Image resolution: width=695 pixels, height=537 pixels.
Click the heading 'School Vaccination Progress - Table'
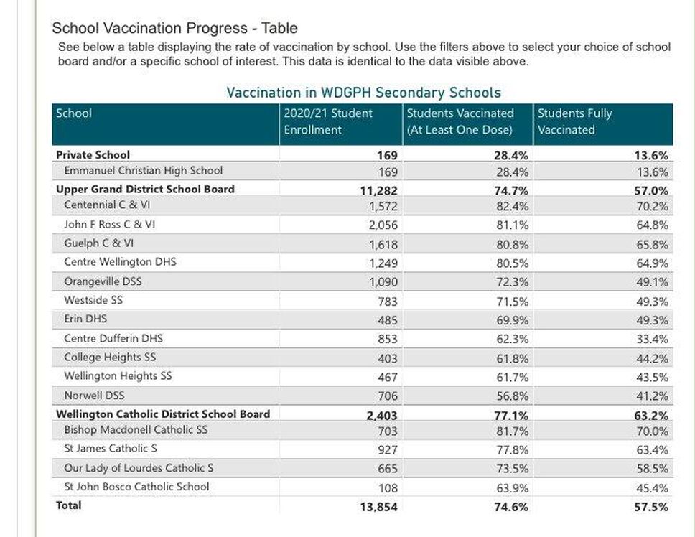[x=174, y=29]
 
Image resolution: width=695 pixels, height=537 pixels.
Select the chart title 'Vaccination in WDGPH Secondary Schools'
[x=363, y=93]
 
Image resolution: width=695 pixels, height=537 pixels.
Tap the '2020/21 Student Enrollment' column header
[x=328, y=121]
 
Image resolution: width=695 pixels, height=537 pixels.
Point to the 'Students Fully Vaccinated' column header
[x=574, y=121]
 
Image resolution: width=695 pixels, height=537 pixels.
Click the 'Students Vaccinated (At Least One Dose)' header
[x=460, y=121]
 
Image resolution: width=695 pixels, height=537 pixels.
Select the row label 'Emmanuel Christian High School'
[x=143, y=171]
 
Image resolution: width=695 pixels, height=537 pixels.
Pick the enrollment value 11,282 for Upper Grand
[x=378, y=190]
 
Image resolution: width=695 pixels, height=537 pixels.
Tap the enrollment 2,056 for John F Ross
[x=383, y=225]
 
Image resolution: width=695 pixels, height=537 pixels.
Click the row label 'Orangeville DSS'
[x=103, y=281]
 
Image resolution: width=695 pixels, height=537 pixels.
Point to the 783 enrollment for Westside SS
[x=387, y=302]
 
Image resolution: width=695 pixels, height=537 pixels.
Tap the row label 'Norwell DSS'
[x=94, y=395]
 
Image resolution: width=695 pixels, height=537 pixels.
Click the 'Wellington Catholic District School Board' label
[x=163, y=414]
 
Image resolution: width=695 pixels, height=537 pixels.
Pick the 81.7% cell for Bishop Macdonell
[x=513, y=431]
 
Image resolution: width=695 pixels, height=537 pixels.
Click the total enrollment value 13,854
[x=378, y=507]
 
